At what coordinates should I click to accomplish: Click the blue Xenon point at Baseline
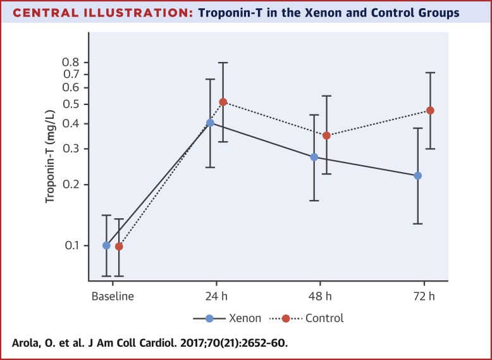pyautogui.click(x=106, y=245)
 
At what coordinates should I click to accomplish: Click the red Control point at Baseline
pyautogui.click(x=119, y=247)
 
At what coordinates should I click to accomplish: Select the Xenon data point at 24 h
pyautogui.click(x=210, y=123)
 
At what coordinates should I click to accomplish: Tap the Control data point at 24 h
pyautogui.click(x=223, y=102)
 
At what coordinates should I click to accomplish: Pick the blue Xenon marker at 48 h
pyautogui.click(x=314, y=157)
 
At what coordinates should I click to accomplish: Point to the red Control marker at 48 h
pyautogui.click(x=326, y=135)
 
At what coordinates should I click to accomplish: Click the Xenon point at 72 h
pyautogui.click(x=417, y=175)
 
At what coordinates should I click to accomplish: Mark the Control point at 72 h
pyautogui.click(x=430, y=111)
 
